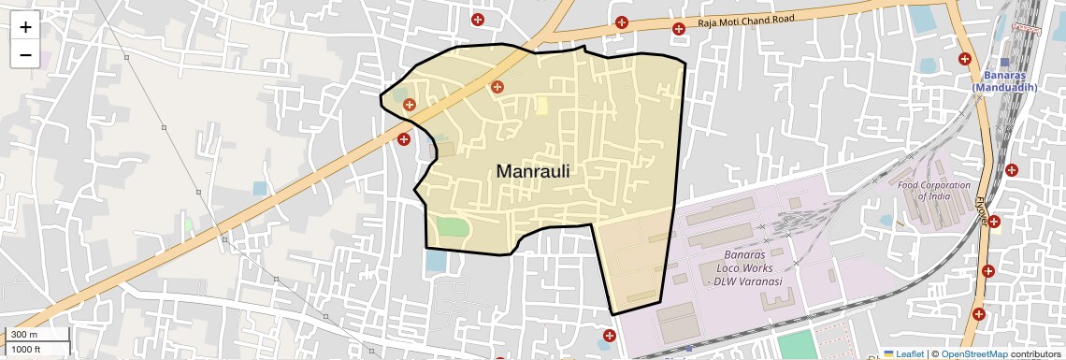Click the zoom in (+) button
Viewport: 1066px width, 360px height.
[25, 27]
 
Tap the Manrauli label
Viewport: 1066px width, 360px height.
[533, 172]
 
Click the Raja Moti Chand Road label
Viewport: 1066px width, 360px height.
[745, 21]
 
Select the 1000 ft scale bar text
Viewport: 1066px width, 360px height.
[26, 349]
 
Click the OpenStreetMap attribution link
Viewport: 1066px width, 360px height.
[973, 354]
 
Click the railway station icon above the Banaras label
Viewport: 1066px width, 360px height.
[1005, 63]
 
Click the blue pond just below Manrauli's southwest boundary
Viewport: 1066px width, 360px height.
[436, 260]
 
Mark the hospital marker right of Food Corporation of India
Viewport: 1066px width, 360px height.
[1012, 170]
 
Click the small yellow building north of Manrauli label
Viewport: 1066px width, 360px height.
[541, 105]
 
